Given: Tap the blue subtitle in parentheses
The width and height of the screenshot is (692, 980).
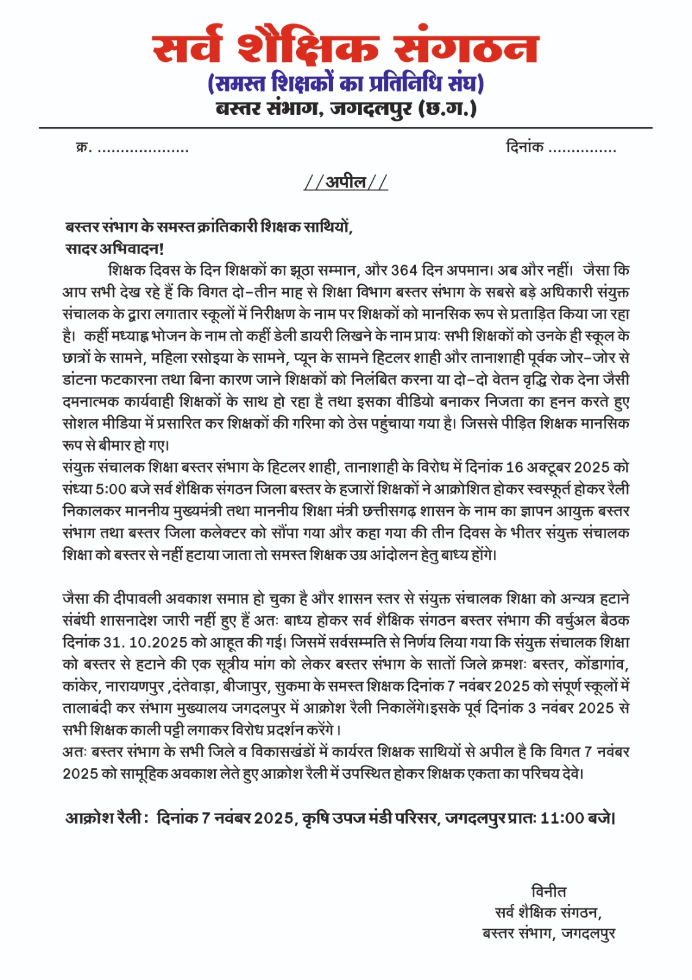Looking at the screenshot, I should [346, 83].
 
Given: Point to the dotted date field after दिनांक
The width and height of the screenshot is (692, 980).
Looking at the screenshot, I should [582, 149].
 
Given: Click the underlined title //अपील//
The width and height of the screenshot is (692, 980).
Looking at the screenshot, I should [346, 182].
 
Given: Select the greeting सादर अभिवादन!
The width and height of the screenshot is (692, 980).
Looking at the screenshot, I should [114, 249].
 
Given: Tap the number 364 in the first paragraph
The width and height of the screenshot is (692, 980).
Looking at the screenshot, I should [404, 271].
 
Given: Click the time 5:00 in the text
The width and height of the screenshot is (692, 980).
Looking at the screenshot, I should [111, 489].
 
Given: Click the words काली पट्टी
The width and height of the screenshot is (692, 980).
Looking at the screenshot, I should [160, 730].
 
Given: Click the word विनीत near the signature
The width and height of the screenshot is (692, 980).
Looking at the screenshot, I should [548, 891].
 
